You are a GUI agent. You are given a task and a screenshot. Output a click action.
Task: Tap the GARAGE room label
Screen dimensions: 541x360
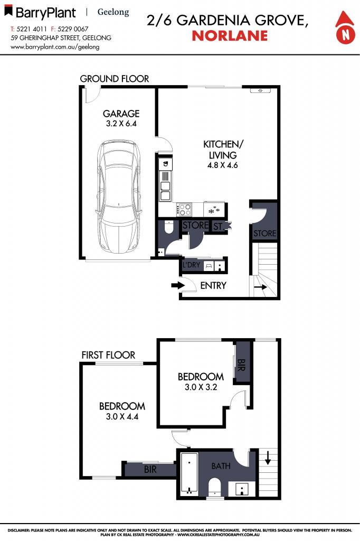[x=121, y=114]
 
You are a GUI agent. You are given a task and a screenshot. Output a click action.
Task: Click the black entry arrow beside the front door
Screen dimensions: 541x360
[x=176, y=286]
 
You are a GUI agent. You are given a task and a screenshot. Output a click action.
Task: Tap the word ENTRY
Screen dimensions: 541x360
[x=213, y=286]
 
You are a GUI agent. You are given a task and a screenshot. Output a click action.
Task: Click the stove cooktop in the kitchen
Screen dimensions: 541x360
[x=185, y=209]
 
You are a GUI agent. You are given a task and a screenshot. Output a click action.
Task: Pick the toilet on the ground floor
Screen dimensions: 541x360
[x=169, y=228]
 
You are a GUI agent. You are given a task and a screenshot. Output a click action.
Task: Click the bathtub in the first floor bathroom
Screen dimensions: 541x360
[x=188, y=474]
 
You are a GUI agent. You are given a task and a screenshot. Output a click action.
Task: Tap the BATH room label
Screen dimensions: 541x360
[x=221, y=466]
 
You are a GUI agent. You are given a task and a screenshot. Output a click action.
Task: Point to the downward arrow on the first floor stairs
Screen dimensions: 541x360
[x=268, y=457]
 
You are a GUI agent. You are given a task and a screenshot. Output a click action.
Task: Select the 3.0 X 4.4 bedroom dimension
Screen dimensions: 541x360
[x=122, y=416]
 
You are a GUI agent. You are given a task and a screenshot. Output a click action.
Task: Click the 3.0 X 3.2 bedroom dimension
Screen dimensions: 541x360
[x=200, y=387]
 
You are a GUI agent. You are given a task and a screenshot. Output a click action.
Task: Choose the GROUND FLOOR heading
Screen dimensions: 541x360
[x=115, y=79]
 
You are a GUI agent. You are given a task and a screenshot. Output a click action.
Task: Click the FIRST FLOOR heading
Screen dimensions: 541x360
[x=108, y=355]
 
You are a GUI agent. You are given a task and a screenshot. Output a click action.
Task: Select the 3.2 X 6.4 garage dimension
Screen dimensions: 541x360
[x=121, y=124]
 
